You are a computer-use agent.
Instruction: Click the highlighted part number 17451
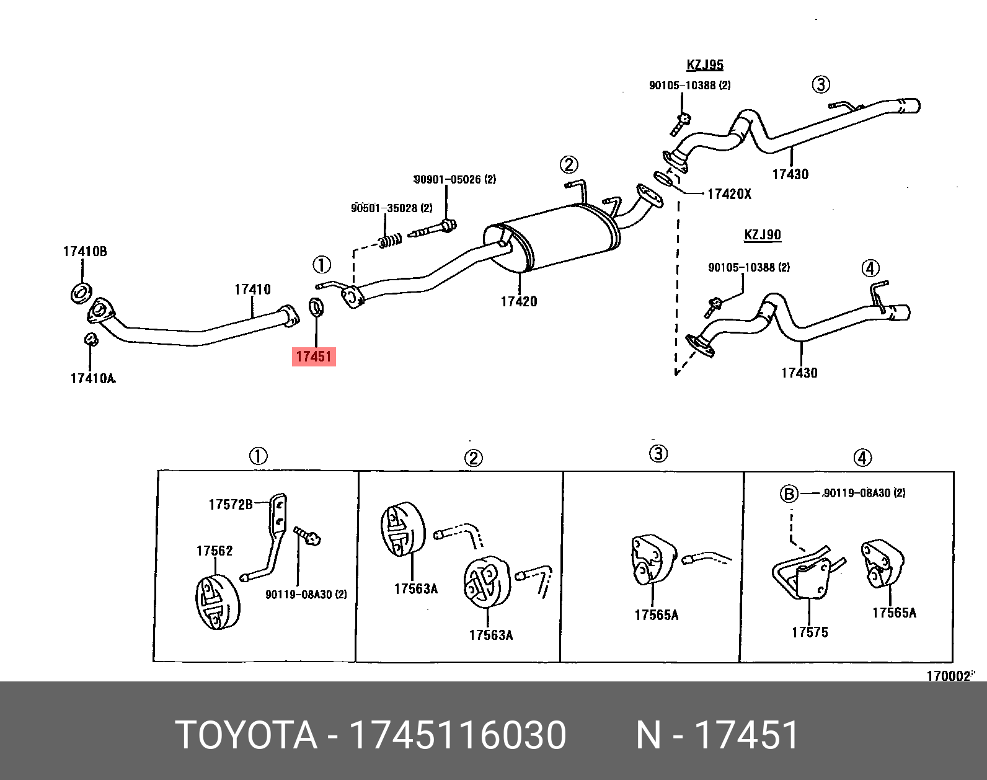[314, 357]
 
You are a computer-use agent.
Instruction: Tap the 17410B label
[85, 251]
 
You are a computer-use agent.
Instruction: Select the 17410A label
[92, 378]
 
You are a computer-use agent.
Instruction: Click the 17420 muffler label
[519, 301]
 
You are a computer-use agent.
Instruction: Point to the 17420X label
[729, 194]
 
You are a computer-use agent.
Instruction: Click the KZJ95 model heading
[705, 64]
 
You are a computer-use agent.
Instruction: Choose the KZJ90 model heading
[763, 235]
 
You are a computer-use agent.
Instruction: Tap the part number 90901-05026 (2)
[455, 179]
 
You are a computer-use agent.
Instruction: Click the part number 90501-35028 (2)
[392, 208]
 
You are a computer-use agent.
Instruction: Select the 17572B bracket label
[231, 504]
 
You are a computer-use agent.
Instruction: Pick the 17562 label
[215, 551]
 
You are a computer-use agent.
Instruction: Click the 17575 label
[810, 632]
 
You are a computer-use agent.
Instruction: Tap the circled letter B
[789, 494]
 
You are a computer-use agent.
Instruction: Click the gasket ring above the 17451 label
[316, 306]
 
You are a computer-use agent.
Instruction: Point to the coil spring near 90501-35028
[390, 240]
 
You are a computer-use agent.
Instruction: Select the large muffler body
[552, 239]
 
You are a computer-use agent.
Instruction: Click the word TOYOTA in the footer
[246, 735]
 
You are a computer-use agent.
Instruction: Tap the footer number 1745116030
[458, 735]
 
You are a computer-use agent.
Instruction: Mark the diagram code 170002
[948, 676]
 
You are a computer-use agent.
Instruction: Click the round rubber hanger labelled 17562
[217, 601]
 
